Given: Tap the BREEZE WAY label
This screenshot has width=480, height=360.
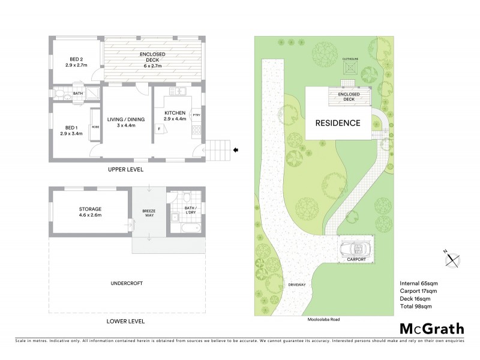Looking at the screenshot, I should click(x=149, y=214).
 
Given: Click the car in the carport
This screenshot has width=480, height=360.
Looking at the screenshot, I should click(x=354, y=249).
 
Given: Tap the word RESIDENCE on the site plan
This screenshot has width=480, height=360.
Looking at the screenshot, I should click(x=338, y=124).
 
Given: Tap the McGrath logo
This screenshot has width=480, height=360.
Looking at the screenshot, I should click(x=432, y=328).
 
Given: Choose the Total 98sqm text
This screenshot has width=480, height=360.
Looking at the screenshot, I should click(x=418, y=307).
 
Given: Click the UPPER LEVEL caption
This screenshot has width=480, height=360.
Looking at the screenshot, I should click(x=126, y=170).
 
